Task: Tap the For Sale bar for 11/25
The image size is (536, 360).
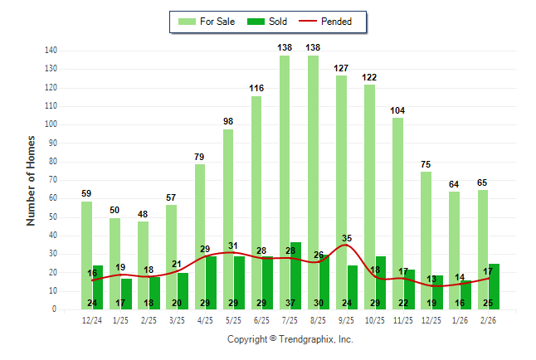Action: tap(398, 207)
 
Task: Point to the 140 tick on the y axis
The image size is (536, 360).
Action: tap(51, 51)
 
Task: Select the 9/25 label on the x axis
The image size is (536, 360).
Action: tap(347, 319)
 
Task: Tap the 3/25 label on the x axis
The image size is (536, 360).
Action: tap(177, 319)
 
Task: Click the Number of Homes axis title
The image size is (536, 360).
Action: tap(32, 180)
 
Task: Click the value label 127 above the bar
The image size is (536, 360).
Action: tap(341, 68)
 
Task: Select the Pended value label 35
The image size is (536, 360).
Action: tap(347, 238)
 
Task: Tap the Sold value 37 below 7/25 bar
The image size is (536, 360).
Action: tap(290, 303)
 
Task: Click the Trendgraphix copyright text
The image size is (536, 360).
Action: tap(290, 339)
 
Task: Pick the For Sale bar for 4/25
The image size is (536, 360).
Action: tap(200, 232)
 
